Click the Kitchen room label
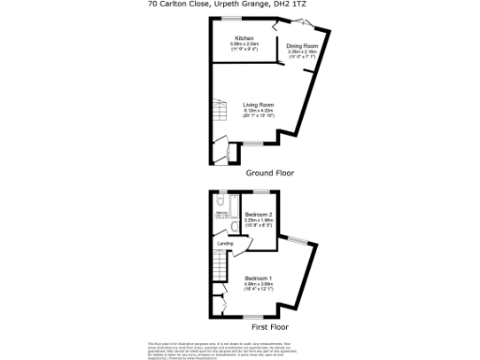pos(245,37)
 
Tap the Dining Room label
pos(302,46)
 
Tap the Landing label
pos(225,245)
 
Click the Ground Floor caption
pos(270,173)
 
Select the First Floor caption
pos(271,327)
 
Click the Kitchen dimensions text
pos(245,46)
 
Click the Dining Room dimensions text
pos(302,54)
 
